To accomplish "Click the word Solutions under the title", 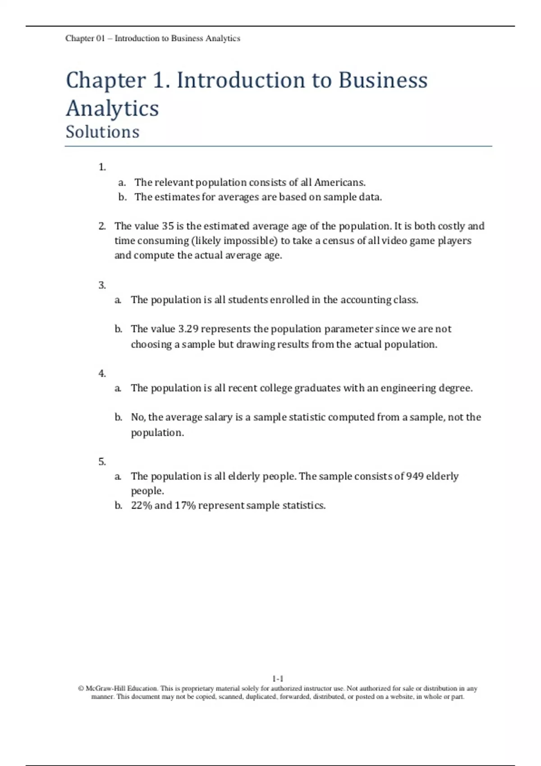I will click(x=102, y=132).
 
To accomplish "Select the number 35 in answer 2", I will click(x=168, y=226).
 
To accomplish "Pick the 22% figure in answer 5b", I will click(x=141, y=506).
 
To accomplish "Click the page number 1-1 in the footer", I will click(x=278, y=679).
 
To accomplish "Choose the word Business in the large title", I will click(x=383, y=81).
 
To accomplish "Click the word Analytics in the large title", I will click(x=112, y=109).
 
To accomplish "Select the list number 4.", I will click(x=102, y=374).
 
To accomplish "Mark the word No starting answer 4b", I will click(x=137, y=417).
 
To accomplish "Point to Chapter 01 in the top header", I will click(x=85, y=38).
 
